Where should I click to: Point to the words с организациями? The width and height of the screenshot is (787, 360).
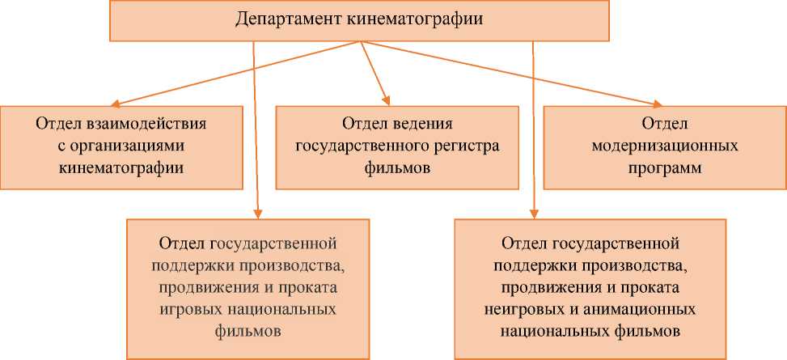pyautogui.click(x=121, y=146)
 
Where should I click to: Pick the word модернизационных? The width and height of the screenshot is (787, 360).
pyautogui.click(x=664, y=146)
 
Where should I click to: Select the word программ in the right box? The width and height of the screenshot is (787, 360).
pyautogui.click(x=664, y=169)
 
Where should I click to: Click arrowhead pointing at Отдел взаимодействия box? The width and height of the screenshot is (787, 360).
pyautogui.click(x=116, y=104)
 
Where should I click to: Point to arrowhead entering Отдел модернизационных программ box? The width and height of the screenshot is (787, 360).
pyautogui.click(x=656, y=104)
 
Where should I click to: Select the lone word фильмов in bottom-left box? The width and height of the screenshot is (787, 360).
pyautogui.click(x=248, y=332)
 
